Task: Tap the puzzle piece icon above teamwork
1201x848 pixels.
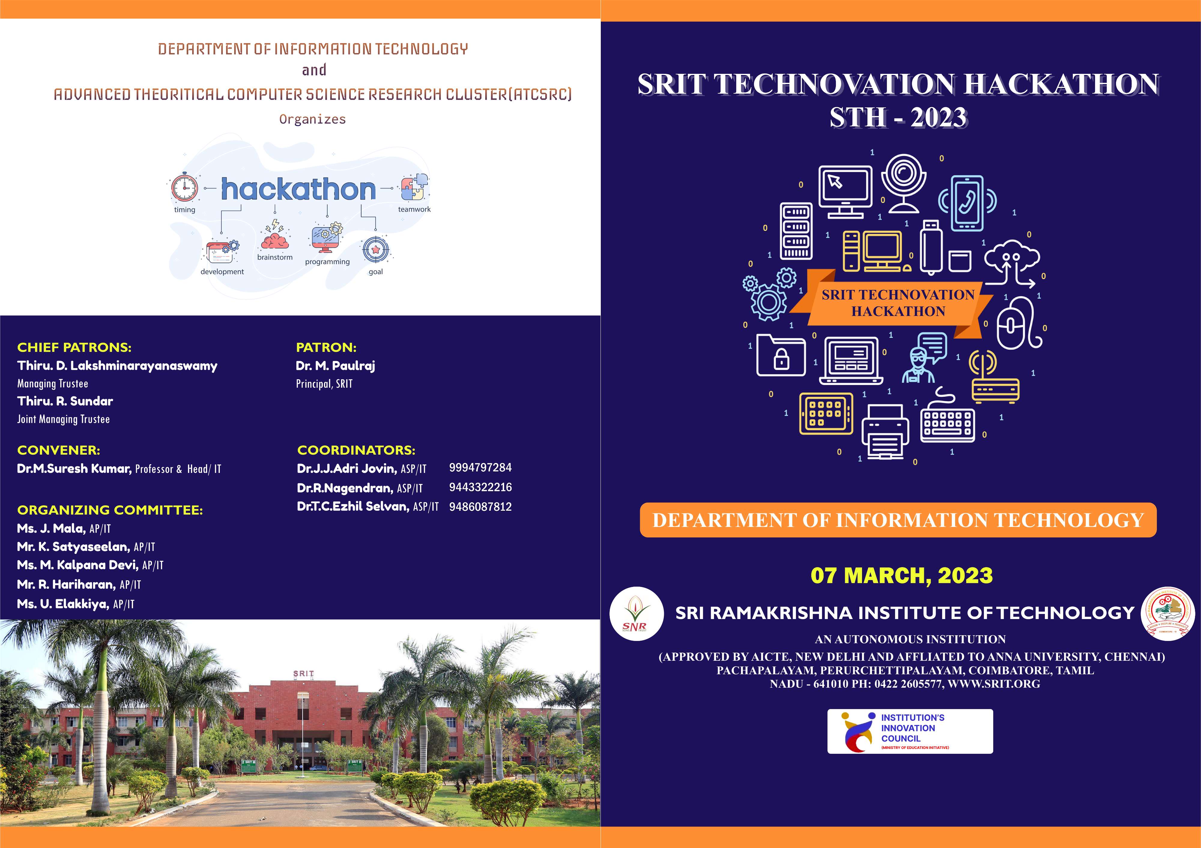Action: point(414,188)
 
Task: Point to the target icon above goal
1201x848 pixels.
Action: point(375,250)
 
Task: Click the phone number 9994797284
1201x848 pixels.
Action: point(480,468)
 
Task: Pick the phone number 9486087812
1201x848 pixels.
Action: point(480,507)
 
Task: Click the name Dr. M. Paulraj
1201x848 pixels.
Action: point(335,366)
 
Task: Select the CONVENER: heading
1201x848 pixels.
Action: point(59,450)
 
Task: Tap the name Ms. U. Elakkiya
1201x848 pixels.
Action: point(63,604)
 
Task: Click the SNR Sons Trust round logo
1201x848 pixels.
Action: point(636,614)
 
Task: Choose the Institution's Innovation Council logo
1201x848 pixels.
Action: point(910,731)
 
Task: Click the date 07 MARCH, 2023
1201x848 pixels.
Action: point(901,576)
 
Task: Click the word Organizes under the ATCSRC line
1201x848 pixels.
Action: point(312,119)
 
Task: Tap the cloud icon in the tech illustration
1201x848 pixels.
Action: point(1012,257)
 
